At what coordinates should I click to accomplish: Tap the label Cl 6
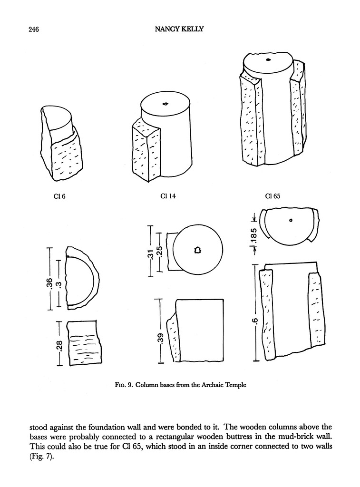pyautogui.click(x=59, y=196)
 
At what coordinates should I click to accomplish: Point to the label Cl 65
pyautogui.click(x=272, y=196)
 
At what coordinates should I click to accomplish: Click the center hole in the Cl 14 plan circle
pyautogui.click(x=198, y=250)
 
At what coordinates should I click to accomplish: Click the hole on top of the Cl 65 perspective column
pyautogui.click(x=268, y=59)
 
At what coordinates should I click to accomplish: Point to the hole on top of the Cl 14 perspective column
pyautogui.click(x=165, y=103)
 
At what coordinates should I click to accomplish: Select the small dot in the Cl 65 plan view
pyautogui.click(x=290, y=220)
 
